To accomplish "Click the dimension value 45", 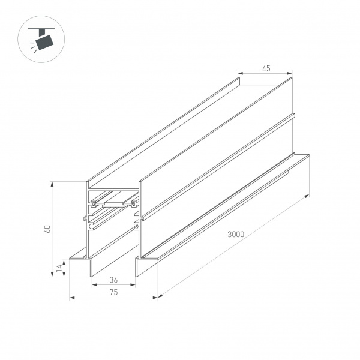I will [x=266, y=69].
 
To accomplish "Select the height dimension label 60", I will [x=53, y=228].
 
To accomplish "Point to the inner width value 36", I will [x=113, y=280].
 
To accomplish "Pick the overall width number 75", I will [x=113, y=292].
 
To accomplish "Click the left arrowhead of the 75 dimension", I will [x=71, y=296].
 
